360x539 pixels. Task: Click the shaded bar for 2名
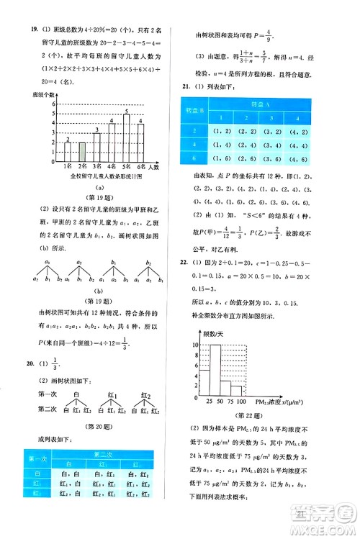point(83,152)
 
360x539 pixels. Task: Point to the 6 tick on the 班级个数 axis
point(55,104)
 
